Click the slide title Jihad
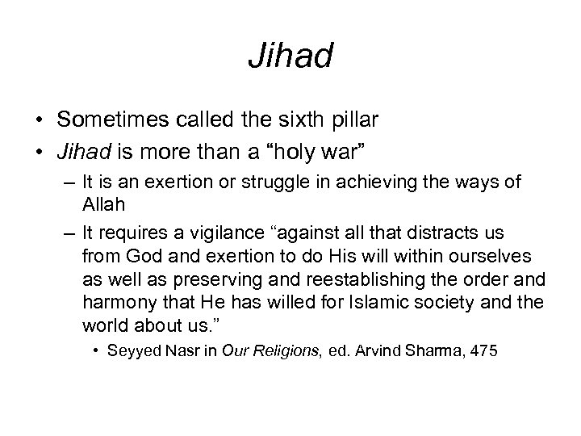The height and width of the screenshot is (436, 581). pyautogui.click(x=290, y=57)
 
